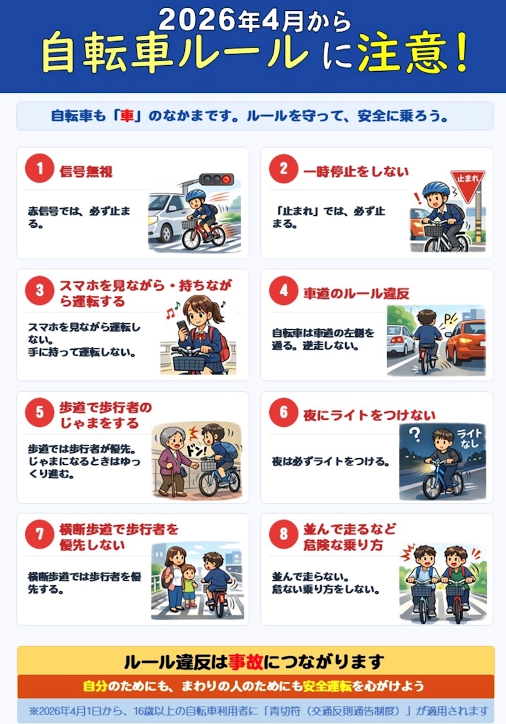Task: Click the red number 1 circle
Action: coord(39,168)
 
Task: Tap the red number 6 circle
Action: coord(284,412)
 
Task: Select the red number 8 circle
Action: coord(284,534)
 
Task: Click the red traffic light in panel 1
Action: coord(227,179)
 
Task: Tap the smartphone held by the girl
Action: coord(182,329)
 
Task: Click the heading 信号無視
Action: coord(86,172)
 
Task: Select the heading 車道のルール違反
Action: coord(356,294)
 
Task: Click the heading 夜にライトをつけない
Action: coord(369,415)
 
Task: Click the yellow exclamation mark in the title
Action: coord(460,52)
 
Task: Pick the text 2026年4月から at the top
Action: coord(255,20)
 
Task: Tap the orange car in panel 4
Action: coord(466,342)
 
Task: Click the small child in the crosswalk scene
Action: coord(189,586)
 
